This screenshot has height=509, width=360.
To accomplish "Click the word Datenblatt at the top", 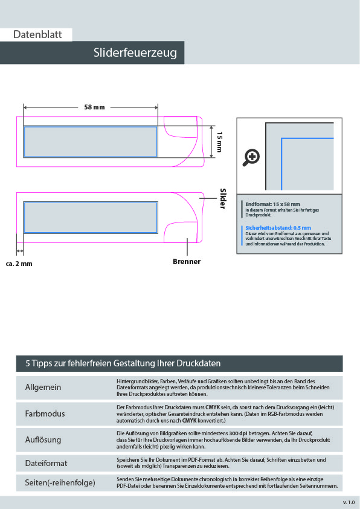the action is point(37,34).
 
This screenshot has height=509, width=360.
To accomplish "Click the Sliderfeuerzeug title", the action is point(135,53).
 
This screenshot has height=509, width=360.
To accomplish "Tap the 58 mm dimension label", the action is point(94,107).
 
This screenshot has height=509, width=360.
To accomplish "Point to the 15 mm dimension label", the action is point(220,142).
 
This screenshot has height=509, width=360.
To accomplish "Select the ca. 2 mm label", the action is point(19,264).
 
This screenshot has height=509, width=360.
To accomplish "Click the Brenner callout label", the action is point(187,262).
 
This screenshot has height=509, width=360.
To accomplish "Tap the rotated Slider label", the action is point(223,199).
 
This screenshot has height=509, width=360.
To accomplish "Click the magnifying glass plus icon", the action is point(251,158).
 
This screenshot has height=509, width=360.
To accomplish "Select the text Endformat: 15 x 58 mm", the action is point(272,204).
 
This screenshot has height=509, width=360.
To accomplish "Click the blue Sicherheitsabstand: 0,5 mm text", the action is point(278,228).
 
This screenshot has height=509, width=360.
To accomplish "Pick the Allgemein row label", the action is point(43,387).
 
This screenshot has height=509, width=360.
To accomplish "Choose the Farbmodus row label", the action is point(45,413).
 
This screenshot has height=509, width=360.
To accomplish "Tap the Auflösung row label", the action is point(43,440).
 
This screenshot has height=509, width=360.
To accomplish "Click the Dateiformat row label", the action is point(46,463).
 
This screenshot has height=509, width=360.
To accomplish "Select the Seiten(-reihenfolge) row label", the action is point(60,483).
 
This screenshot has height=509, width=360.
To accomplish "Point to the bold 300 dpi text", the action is point(238,433).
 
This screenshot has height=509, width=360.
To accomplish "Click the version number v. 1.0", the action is point(349,502).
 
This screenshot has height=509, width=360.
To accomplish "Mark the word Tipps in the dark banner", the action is point(42,363).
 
